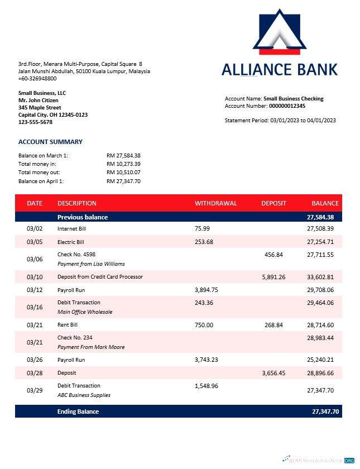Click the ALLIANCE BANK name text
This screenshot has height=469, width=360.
[279, 69]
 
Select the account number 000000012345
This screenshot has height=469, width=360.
[287, 106]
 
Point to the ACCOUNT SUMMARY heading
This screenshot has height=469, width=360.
[50, 142]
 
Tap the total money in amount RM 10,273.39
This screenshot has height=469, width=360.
[123, 164]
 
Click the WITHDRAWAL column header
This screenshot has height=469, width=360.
[215, 203]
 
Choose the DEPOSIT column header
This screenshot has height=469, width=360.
[273, 203]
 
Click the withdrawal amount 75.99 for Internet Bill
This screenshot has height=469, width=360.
[203, 228]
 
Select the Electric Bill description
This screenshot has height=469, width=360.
[70, 242]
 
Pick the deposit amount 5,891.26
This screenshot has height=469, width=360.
[273, 276]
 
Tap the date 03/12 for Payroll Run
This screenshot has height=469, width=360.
[35, 290]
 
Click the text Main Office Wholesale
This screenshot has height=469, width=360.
[85, 312]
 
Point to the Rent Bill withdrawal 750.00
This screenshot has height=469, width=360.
[204, 324]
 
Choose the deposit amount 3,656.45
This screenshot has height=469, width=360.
[273, 372]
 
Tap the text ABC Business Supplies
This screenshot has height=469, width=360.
[84, 395]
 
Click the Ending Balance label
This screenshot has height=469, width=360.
[78, 411]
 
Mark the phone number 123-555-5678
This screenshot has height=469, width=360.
[35, 122]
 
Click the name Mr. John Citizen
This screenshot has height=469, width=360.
[38, 100]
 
